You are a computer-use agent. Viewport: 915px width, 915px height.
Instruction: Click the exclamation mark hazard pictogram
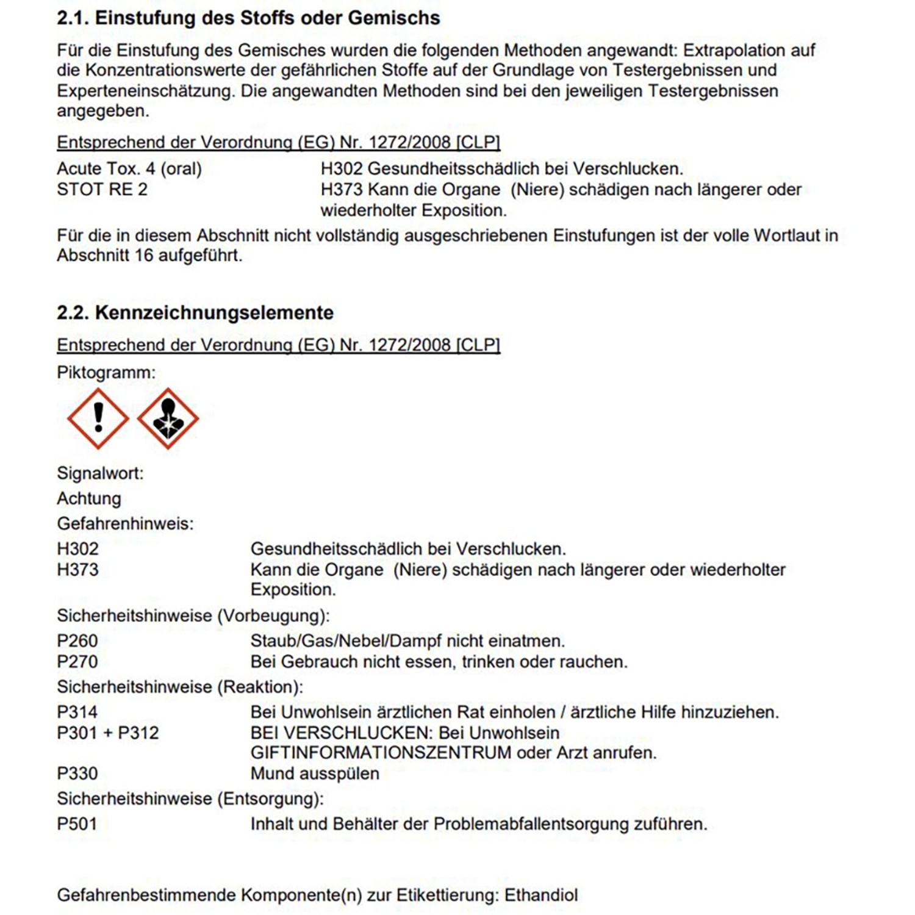[x=98, y=418]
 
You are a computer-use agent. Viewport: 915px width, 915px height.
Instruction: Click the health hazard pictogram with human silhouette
[x=168, y=418]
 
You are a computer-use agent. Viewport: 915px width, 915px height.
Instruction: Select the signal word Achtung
[x=89, y=498]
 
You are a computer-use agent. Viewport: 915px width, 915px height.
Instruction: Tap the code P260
[x=77, y=640]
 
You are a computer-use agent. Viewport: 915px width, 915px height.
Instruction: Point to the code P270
[x=77, y=661]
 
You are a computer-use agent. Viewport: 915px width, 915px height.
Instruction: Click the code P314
[x=77, y=712]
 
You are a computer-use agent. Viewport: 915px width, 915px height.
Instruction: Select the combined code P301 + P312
[x=108, y=733]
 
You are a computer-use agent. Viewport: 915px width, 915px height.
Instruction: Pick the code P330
[x=77, y=773]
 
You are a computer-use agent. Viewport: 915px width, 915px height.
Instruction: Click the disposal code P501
[x=77, y=824]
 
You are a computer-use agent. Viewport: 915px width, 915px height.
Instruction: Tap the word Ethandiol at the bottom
[x=541, y=895]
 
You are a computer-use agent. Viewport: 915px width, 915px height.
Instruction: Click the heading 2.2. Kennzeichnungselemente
[x=195, y=312]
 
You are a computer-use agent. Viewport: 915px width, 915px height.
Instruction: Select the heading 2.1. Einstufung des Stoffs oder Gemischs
[x=248, y=18]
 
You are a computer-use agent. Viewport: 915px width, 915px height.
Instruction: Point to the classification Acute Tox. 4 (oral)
[x=129, y=168]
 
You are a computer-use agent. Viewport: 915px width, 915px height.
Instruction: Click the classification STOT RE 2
[x=102, y=189]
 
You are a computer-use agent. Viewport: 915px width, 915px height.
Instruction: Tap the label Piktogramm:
[x=106, y=372]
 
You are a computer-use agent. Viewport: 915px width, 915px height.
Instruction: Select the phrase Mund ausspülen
[x=315, y=773]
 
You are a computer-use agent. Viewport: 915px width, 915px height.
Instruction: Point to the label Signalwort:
[x=100, y=473]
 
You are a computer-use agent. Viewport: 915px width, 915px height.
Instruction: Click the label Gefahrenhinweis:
[x=125, y=523]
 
